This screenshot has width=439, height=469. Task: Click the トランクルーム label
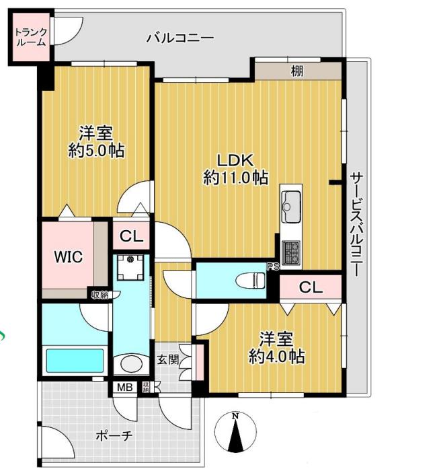31,37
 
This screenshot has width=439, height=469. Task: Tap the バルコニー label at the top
180,38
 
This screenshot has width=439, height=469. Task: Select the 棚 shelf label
297,71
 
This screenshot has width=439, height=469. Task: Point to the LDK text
235,161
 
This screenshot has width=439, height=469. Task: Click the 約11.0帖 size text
235,178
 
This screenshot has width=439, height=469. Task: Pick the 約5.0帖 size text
96,150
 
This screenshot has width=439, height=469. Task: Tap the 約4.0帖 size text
277,356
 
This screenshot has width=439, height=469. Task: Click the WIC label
68,257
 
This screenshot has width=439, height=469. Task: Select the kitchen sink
291,206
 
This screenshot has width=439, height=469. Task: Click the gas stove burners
291,252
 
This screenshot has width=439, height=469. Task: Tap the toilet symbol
250,281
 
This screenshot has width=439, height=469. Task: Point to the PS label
273,266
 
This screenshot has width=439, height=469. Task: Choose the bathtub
75,361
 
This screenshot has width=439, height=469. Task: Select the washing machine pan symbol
130,267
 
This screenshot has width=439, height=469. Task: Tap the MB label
124,388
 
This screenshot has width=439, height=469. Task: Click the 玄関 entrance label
168,359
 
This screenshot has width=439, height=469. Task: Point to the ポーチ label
114,435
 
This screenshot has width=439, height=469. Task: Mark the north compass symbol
236,431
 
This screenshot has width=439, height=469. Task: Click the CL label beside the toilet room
311,287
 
